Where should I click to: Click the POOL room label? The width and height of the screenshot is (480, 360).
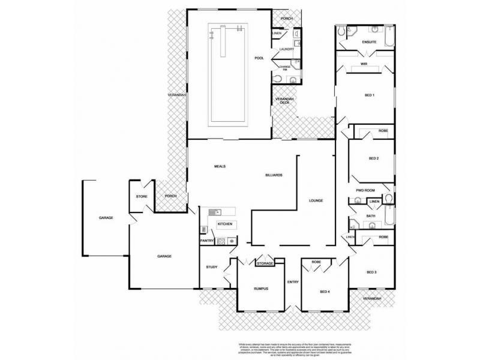pyautogui.click(x=259, y=58)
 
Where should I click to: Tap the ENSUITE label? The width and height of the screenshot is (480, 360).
pyautogui.click(x=369, y=42)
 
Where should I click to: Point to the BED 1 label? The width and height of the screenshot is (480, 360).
pyautogui.click(x=370, y=95)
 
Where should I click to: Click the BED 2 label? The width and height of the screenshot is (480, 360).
pyautogui.click(x=373, y=158)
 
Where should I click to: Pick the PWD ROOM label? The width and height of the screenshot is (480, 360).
pyautogui.click(x=365, y=190)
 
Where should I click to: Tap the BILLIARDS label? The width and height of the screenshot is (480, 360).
pyautogui.click(x=274, y=175)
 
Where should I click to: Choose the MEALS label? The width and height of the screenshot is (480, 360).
pyautogui.click(x=219, y=166)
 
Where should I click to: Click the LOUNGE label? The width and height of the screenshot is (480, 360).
pyautogui.click(x=316, y=200)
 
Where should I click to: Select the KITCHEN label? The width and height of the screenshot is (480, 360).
pyautogui.click(x=224, y=224)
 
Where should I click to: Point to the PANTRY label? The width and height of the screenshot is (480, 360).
pyautogui.click(x=208, y=241)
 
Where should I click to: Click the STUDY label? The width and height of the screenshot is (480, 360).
pyautogui.click(x=211, y=267)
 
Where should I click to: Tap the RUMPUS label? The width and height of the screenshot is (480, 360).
pyautogui.click(x=260, y=289)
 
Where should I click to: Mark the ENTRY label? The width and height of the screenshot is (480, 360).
pyautogui.click(x=293, y=282)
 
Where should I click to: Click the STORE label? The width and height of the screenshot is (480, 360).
pyautogui.click(x=142, y=196)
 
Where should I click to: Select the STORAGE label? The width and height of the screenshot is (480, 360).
pyautogui.click(x=265, y=263)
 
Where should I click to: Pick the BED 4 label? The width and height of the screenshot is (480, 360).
pyautogui.click(x=325, y=292)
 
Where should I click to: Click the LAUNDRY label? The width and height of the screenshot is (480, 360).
pyautogui.click(x=286, y=49)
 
